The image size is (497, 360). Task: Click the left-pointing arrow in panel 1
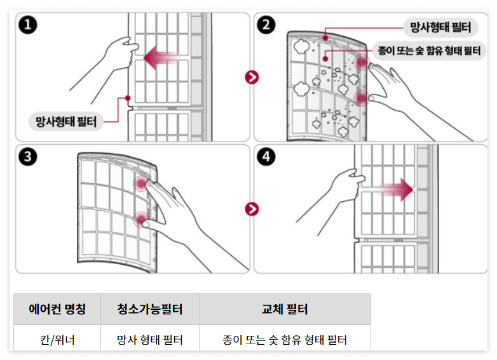click(160, 59)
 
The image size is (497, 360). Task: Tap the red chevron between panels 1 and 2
click(252, 77)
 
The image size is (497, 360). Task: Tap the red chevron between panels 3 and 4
click(252, 209)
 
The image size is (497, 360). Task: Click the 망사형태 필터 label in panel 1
click(66, 121)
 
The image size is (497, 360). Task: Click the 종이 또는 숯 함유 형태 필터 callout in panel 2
click(429, 50)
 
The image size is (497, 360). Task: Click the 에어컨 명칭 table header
click(57, 309)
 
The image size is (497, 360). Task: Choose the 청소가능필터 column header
click(150, 309)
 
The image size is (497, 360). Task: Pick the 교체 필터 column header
click(285, 309)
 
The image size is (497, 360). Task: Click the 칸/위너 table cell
click(57, 340)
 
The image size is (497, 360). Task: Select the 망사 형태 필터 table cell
click(150, 340)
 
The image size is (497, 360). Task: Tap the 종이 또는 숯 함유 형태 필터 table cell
click(285, 340)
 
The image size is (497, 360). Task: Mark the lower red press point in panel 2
click(361, 98)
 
